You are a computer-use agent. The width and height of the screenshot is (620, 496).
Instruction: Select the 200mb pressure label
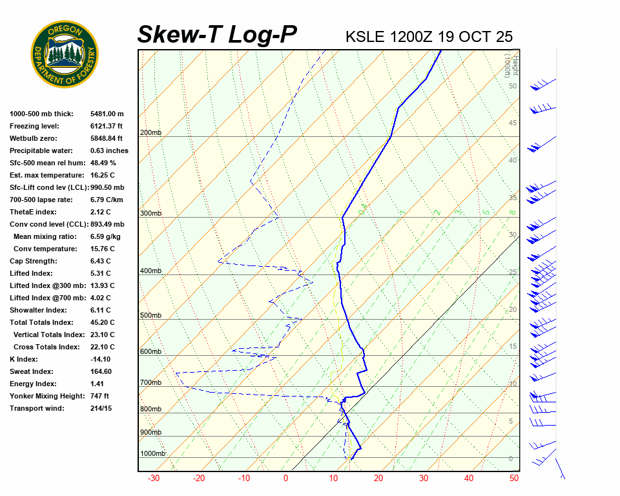click(150, 133)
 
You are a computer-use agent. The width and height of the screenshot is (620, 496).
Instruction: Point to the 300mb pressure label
click(150, 213)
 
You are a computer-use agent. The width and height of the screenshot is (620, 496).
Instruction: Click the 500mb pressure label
click(150, 315)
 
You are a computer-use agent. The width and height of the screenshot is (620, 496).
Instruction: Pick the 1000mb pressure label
click(152, 453)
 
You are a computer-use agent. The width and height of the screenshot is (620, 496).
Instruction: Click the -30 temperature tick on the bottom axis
click(154, 479)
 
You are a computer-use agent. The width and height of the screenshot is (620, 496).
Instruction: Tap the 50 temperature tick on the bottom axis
click(514, 479)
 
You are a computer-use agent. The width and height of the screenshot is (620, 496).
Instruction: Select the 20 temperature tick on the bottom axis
click(378, 479)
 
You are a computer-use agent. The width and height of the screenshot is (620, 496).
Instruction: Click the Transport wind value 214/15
click(101, 408)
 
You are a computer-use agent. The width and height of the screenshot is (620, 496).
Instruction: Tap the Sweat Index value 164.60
click(101, 371)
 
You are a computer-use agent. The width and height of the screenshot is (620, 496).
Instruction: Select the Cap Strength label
click(33, 261)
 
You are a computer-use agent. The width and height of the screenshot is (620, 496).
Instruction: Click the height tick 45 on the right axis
click(513, 123)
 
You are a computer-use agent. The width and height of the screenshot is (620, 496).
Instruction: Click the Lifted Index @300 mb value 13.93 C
click(103, 285)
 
